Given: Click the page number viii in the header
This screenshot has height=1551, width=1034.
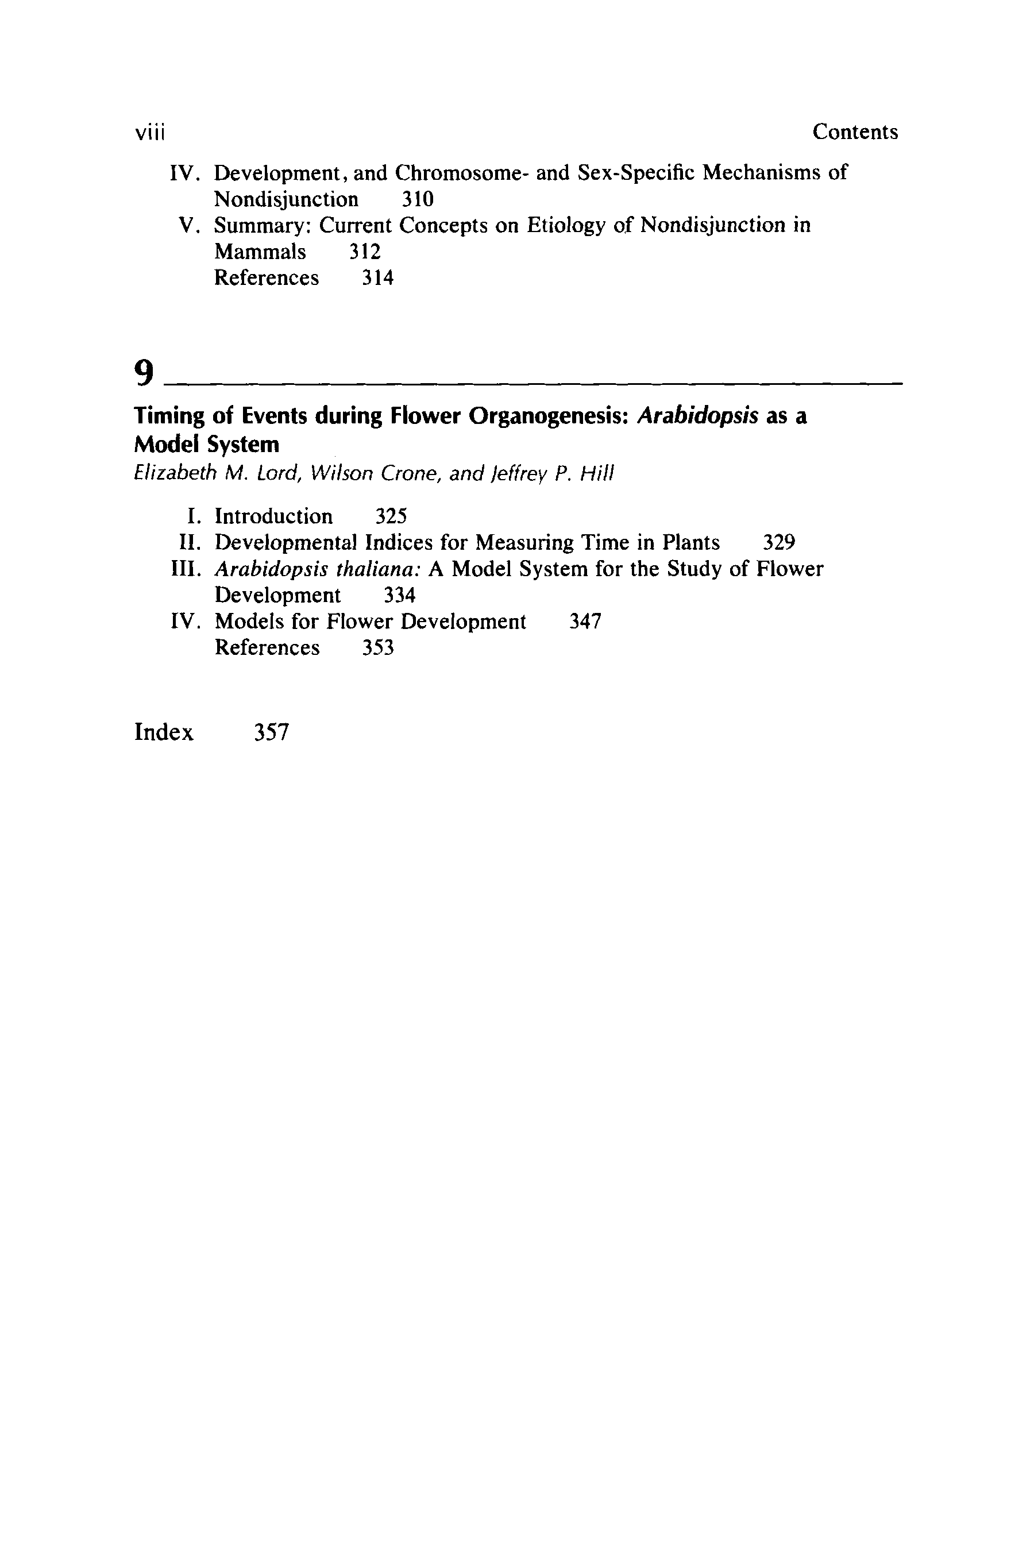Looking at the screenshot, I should [x=149, y=133].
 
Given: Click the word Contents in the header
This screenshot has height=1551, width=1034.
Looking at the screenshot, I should [x=855, y=132].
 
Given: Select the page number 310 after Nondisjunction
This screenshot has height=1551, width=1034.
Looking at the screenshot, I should [x=418, y=199].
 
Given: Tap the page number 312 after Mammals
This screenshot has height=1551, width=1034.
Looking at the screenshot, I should [x=365, y=252].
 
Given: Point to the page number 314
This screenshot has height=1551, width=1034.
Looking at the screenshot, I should [x=378, y=278].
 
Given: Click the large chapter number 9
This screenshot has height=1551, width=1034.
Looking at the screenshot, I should [x=144, y=373].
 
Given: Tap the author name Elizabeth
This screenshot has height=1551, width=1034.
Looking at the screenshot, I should [x=175, y=473].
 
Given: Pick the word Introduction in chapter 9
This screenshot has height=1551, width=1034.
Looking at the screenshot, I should [x=273, y=516].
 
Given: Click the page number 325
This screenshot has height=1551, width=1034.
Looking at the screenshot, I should [x=391, y=516].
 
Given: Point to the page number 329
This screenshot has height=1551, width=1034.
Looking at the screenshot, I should [x=779, y=543].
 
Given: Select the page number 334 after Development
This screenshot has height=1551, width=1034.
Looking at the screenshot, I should [x=400, y=596].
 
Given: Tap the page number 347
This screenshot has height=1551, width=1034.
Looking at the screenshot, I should [x=585, y=622].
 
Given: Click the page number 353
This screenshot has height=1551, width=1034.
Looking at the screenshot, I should [x=378, y=648].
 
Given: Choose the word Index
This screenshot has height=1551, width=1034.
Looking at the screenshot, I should [x=164, y=732].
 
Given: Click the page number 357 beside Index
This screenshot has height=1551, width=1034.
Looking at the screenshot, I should [x=271, y=732].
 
